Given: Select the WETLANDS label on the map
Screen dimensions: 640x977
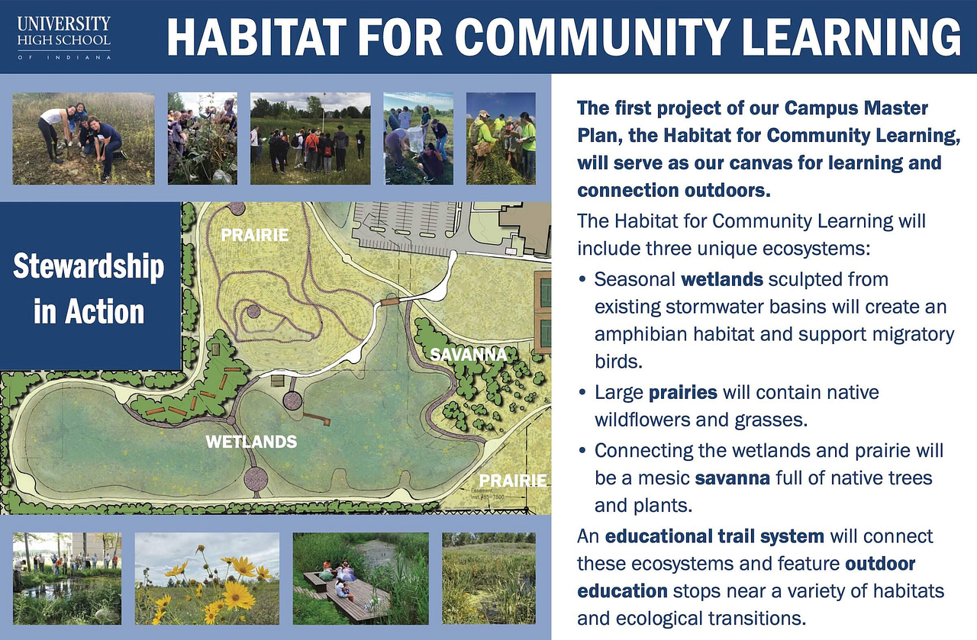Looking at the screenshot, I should click(250, 442).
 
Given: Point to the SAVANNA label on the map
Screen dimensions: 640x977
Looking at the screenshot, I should click(468, 355).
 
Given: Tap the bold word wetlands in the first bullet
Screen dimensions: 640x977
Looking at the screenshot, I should click(722, 279).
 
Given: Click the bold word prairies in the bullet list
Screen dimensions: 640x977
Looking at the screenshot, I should click(682, 393).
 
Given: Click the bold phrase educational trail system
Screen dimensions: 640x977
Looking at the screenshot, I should click(714, 536).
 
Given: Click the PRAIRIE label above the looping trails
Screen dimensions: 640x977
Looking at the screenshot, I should click(255, 235).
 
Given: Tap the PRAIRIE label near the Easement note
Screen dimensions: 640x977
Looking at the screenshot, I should click(513, 481).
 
